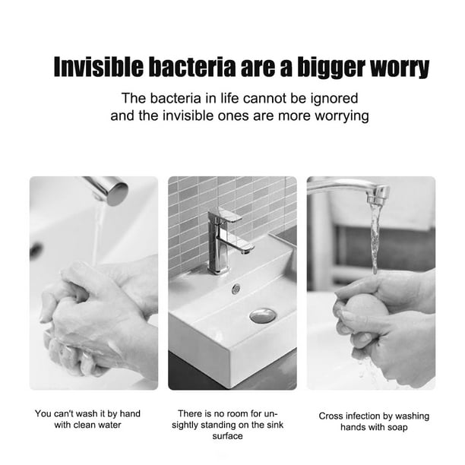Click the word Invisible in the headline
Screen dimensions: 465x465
point(99,67)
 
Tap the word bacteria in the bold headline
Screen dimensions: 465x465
point(192,67)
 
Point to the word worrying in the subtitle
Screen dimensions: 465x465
point(342,116)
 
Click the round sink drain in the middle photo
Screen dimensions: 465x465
point(263,316)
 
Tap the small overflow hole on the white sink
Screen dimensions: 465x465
point(236,289)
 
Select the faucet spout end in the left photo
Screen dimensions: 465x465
point(118,195)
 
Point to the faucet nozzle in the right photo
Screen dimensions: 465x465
point(377,196)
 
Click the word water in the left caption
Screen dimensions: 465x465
point(109,425)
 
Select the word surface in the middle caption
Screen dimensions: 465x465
point(227,436)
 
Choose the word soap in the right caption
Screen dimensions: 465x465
point(397,428)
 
